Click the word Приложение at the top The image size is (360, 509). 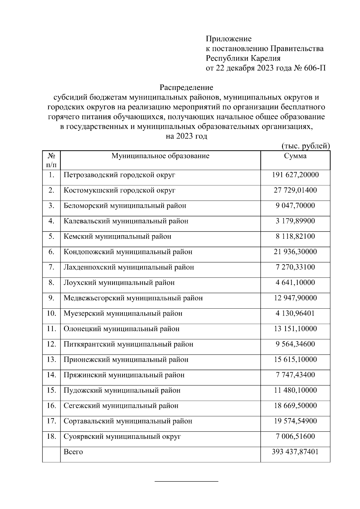228,39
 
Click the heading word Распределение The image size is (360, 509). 186,88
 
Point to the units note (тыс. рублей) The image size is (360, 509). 306,146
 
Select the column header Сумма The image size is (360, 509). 295,156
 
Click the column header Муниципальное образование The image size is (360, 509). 160,156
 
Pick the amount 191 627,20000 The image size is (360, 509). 295,175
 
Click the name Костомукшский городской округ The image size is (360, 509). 119,190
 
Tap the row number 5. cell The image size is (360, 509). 51,236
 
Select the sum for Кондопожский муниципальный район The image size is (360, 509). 295,252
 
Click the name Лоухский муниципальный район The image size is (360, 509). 119,283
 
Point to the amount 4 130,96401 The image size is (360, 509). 295,313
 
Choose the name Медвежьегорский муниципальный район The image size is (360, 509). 133,298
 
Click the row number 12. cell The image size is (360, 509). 51,344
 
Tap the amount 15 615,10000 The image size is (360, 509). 295,360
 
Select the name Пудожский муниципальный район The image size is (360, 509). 122,391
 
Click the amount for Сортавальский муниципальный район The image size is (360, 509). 295,421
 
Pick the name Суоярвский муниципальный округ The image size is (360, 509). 122,437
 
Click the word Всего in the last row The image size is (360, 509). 73,452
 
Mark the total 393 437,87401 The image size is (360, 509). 295,452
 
